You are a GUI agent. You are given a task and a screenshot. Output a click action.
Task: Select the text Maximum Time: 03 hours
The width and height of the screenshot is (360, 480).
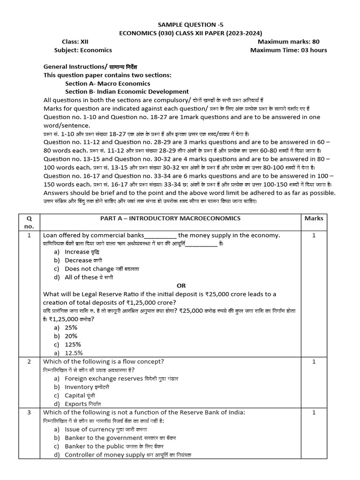click(x=289, y=50)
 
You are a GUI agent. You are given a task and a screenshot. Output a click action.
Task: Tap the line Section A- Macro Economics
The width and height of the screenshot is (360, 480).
click(x=108, y=83)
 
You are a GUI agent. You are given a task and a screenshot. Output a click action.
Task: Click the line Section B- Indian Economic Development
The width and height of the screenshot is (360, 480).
click(x=127, y=91)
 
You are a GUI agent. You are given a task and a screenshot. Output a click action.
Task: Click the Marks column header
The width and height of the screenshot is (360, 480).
click(x=314, y=218)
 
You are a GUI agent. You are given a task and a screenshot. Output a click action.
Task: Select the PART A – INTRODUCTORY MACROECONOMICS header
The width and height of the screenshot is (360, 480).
click(x=171, y=218)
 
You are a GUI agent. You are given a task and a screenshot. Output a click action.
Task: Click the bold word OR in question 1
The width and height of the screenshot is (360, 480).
click(x=181, y=285)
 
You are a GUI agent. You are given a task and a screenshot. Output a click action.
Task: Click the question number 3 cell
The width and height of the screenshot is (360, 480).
click(x=29, y=412)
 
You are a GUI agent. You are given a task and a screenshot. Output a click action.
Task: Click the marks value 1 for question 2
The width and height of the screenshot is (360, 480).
click(x=314, y=361)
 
